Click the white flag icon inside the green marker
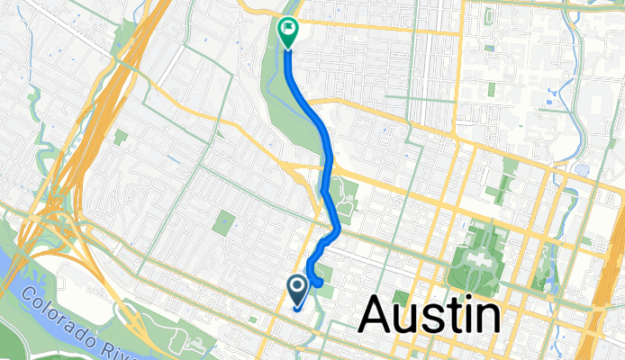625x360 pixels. click(288, 29)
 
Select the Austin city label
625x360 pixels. click(430, 317)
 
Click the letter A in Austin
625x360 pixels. click(378, 317)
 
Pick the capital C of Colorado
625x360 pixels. click(28, 294)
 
